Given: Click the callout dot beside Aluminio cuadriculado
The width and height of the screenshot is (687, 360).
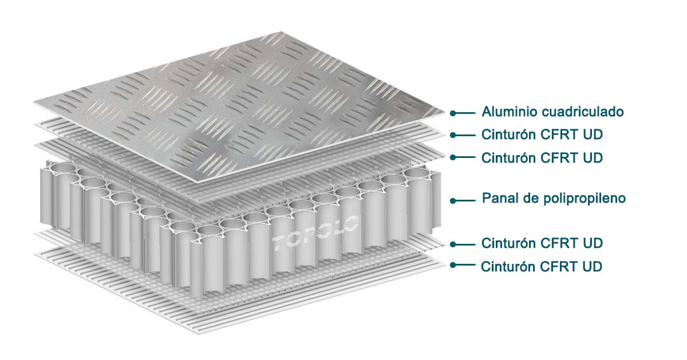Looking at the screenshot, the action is click(x=453, y=113).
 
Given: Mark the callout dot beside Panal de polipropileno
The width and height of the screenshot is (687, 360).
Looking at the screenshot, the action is click(x=453, y=201).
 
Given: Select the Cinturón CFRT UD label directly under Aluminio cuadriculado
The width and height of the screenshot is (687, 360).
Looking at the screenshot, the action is click(x=542, y=134).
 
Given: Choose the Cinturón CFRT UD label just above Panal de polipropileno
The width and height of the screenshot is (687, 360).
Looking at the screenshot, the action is click(x=542, y=158).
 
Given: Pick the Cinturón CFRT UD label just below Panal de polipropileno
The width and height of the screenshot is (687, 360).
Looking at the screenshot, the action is click(x=542, y=243).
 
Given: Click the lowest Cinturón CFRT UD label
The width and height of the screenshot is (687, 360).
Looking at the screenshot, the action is click(x=542, y=267).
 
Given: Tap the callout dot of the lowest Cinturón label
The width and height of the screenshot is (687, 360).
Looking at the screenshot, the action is click(x=453, y=265).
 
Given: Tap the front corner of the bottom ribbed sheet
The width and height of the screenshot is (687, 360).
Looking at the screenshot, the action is click(x=199, y=334).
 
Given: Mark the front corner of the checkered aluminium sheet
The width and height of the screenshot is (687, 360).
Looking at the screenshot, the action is click(x=199, y=183).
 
